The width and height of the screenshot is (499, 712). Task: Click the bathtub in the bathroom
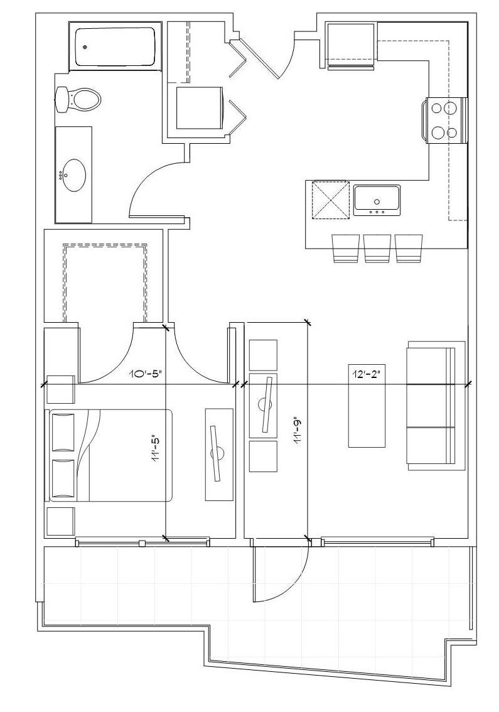pos(114,46)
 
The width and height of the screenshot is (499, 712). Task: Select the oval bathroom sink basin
pos(73,175)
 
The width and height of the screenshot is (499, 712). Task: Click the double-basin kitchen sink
pos(377,200)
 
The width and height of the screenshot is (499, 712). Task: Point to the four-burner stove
pos(444,121)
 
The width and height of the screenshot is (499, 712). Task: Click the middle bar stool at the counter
pos(377,249)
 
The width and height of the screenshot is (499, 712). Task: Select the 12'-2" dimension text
pos(366,374)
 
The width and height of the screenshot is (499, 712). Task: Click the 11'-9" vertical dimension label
pos(298,431)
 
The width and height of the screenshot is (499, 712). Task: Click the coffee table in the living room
pos(367,406)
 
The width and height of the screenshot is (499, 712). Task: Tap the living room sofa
pos(436,406)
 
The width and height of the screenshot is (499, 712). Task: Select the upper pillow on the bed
pos(63,432)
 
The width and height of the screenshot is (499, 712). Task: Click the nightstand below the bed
pos(61,521)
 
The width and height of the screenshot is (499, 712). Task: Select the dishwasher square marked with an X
pos(330,200)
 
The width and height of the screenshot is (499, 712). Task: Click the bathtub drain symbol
pos(85,46)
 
